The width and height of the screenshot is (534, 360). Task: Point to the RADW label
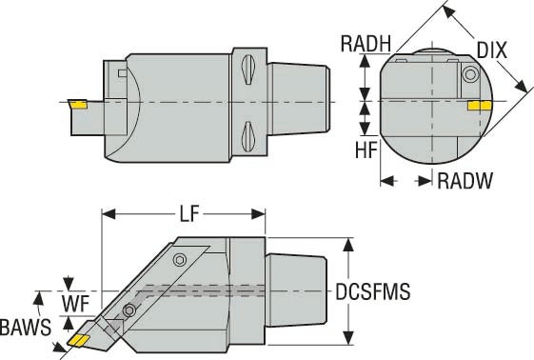[464, 181]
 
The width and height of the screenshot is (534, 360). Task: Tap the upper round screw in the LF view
[180, 259]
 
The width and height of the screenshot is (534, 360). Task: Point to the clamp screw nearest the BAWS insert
[129, 309]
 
